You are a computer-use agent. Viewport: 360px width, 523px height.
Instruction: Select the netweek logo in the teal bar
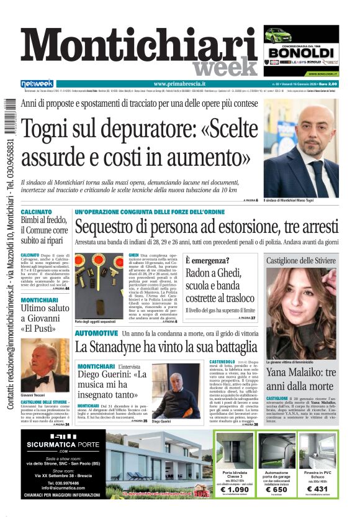37,84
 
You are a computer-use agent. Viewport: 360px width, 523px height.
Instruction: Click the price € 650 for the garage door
276,489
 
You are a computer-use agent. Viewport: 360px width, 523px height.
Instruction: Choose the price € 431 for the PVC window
317,489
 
